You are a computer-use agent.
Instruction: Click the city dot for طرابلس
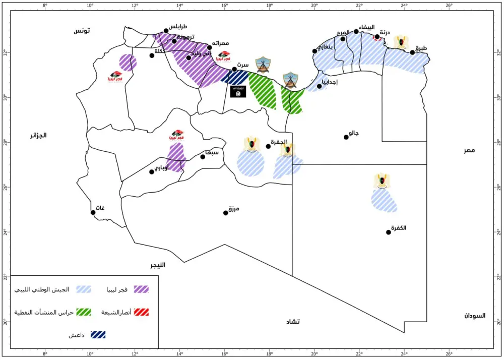pos(166,31)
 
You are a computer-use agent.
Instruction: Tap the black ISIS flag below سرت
pos(238,92)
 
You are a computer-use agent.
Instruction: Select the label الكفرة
pos(398,228)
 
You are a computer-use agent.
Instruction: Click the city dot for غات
pos(93,212)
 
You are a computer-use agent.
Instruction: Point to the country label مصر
pos(470,150)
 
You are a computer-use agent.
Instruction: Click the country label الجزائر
pos(38,135)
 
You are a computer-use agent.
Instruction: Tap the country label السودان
pos(474,316)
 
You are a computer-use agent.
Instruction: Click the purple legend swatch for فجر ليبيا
pos(141,289)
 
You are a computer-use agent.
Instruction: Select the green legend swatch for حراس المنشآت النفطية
pos(83,312)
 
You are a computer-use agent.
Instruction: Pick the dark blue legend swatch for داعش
pos(98,334)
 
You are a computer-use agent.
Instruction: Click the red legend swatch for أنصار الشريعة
pos(141,312)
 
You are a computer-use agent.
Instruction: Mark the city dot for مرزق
pos(226,213)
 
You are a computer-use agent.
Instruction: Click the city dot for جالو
pos(346,137)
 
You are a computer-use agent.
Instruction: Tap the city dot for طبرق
pos(412,52)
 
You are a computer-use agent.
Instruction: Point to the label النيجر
pos(157,265)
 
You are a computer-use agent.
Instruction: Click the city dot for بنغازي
pos(314,51)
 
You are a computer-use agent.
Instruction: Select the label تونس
pos(82,31)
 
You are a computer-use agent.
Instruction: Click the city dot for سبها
pos(203,157)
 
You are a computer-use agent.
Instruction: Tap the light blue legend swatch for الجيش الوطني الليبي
pos(83,289)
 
